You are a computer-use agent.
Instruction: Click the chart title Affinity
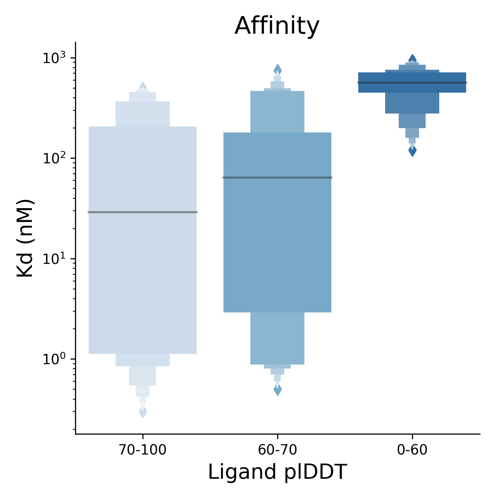tap(277, 26)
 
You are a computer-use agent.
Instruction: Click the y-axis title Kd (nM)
tap(25, 238)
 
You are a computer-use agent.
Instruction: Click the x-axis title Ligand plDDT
tap(277, 472)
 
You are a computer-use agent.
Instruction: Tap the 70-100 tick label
tap(143, 450)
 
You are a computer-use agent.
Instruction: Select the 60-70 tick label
tap(277, 450)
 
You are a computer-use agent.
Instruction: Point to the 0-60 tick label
tap(412, 450)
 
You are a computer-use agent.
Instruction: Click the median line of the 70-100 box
tap(143, 212)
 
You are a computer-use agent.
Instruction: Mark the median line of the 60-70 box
tap(277, 178)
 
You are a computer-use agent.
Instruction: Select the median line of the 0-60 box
tap(412, 82)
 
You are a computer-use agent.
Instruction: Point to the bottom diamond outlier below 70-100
tap(143, 412)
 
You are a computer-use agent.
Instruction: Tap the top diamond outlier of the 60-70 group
tap(278, 70)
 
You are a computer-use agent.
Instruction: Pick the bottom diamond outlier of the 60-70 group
tap(278, 390)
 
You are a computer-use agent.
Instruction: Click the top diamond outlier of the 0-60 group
tap(412, 58)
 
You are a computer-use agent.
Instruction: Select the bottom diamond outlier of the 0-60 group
tap(412, 151)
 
